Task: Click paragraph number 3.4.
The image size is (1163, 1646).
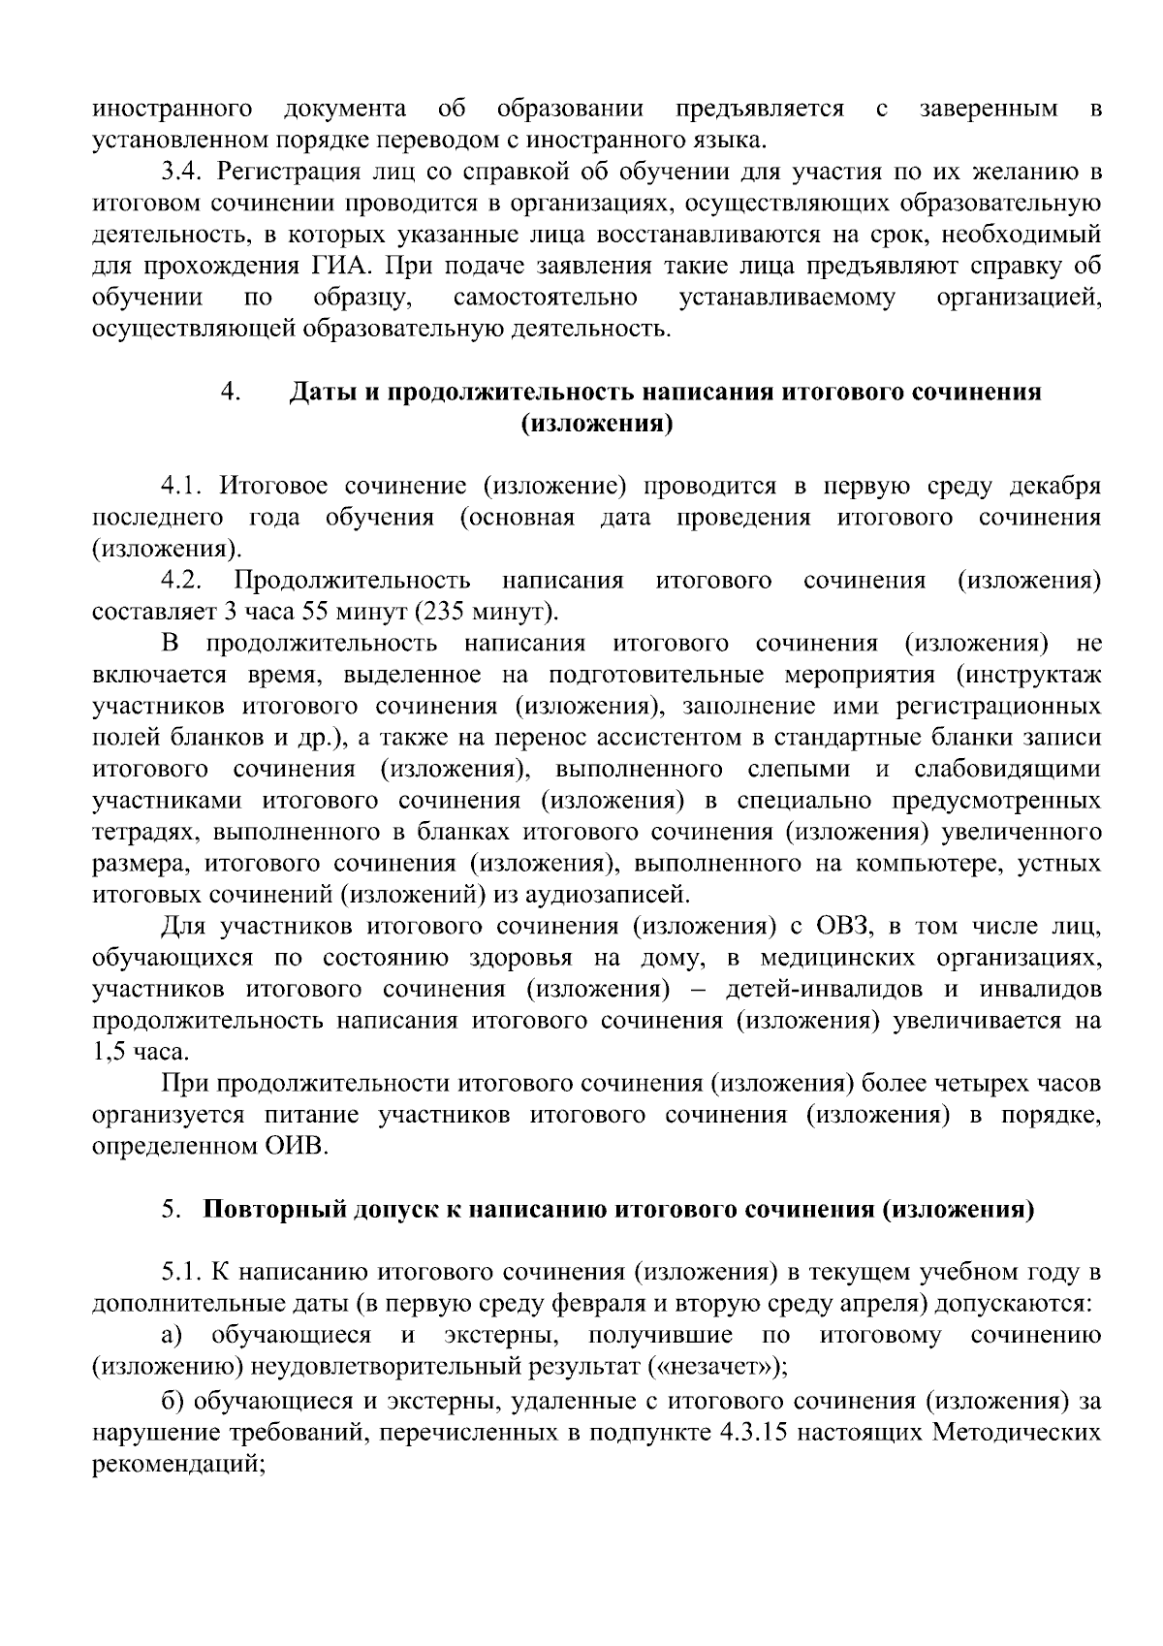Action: pyautogui.click(x=181, y=173)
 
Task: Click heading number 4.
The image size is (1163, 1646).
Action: pyautogui.click(x=230, y=392)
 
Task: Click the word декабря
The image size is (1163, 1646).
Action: pyautogui.click(x=1055, y=486)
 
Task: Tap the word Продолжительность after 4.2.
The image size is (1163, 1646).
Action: pyautogui.click(x=352, y=581)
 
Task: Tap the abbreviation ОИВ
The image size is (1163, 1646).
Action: pyautogui.click(x=297, y=1147)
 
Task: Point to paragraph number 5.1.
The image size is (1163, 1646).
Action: pyautogui.click(x=181, y=1273)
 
